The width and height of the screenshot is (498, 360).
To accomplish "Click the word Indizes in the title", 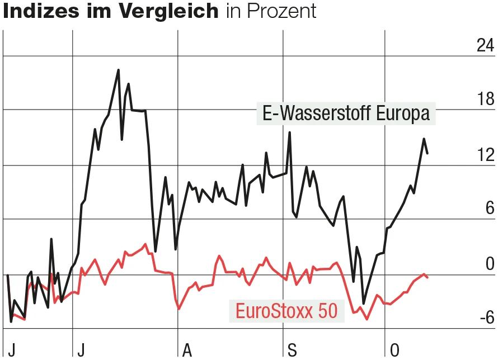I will click(37, 11).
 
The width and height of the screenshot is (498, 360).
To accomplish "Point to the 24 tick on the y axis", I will click(485, 46).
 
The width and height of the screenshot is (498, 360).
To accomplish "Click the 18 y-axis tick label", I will click(485, 100).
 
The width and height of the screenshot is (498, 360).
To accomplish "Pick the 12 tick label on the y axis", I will click(485, 155).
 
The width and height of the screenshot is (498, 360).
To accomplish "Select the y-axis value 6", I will click(490, 209).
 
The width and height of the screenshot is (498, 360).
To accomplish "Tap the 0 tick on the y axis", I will click(490, 263).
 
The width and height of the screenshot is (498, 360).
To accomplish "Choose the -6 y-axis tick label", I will click(486, 318).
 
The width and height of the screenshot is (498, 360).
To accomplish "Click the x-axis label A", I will click(187, 350).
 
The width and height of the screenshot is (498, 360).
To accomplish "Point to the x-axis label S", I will click(292, 350).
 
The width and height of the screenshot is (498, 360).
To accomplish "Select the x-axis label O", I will click(394, 350).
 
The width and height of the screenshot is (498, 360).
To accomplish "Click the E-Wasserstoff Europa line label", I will click(346, 114).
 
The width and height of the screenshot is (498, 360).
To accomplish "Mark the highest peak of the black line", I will click(119, 70).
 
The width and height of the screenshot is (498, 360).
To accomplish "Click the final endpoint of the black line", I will click(427, 153).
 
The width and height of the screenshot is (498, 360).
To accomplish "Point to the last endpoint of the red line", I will click(427, 277).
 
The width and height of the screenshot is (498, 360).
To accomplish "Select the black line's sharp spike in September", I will click(289, 132).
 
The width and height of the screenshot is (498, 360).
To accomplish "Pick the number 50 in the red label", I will click(328, 311).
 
